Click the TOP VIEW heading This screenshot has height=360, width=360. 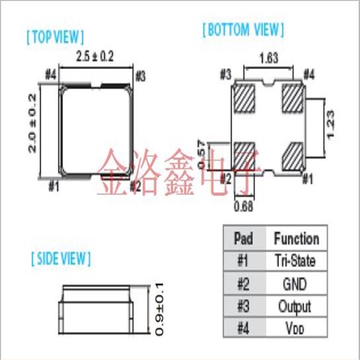(x=55, y=37)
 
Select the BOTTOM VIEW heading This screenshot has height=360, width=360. (x=243, y=30)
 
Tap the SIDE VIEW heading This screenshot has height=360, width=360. (x=61, y=259)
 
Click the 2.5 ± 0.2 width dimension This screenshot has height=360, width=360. (x=94, y=56)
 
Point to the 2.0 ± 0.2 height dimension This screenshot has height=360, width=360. (x=32, y=123)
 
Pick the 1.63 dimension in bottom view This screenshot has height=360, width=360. (x=268, y=58)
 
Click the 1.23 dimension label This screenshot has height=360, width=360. (x=330, y=124)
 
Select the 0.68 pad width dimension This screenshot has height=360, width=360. (x=244, y=206)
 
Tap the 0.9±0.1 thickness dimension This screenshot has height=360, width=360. (x=159, y=309)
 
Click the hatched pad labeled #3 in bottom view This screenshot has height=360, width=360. (x=244, y=98)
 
